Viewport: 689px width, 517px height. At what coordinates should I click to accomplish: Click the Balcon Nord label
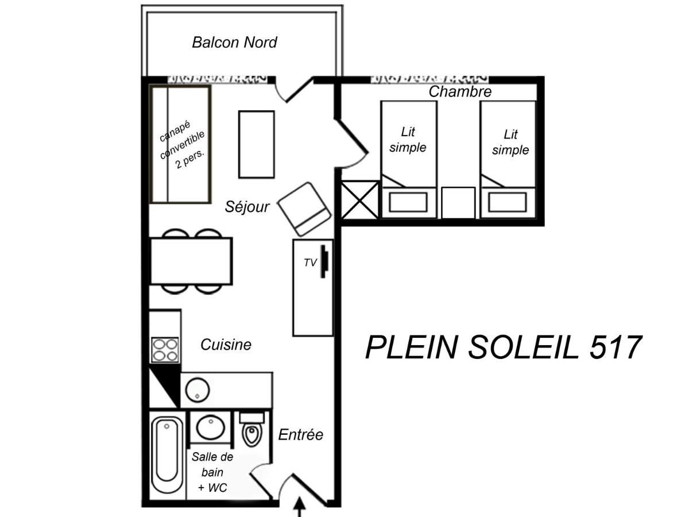point(234,43)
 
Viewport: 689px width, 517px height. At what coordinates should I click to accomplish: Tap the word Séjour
point(247,207)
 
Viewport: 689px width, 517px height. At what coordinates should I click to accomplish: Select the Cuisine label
point(226,345)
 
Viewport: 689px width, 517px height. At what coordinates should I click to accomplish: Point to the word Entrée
point(301,435)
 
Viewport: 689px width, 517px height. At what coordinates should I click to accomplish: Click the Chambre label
point(460,92)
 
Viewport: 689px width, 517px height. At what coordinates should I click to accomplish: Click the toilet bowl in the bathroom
point(251,430)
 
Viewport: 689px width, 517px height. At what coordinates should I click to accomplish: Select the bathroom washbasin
point(211,427)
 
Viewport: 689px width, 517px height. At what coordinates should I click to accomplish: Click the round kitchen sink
point(198,390)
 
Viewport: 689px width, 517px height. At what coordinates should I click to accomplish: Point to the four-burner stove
point(165,350)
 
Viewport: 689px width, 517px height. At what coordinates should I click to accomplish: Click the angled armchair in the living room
point(304,209)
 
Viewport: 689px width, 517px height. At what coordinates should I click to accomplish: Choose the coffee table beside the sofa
point(257,144)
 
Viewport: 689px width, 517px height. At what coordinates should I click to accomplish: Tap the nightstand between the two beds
point(458,202)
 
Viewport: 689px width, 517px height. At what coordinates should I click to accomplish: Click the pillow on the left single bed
point(408,202)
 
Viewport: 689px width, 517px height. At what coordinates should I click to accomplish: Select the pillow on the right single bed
point(507,202)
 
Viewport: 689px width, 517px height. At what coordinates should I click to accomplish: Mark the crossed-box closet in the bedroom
point(360,200)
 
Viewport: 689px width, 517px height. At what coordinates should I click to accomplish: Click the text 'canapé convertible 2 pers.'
point(182,144)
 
